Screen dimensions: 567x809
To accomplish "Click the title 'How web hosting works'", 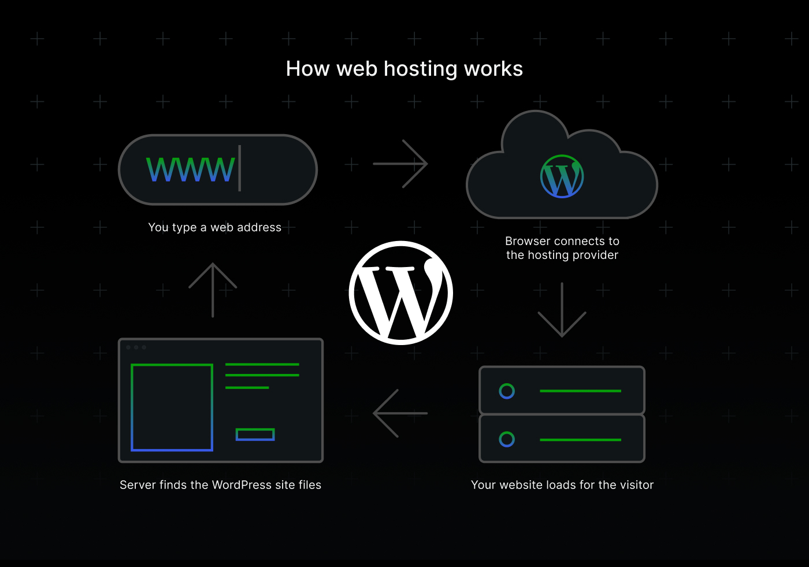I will (404, 69).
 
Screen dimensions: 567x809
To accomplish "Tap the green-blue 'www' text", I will (191, 169).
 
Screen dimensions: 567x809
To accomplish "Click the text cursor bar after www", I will (239, 168).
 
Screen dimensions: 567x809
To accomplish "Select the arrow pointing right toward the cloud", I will (400, 164).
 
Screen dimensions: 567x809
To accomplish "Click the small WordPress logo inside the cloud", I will (562, 176).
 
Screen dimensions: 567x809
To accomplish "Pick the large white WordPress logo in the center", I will (401, 293).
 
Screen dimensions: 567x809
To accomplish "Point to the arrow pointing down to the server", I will (562, 310).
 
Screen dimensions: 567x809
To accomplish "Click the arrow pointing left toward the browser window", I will (400, 413).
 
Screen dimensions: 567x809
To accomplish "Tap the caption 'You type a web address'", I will (214, 227).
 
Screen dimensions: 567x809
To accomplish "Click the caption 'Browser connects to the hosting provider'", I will (562, 248).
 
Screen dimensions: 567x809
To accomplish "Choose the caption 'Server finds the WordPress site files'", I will (220, 485).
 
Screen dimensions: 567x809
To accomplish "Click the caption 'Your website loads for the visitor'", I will (562, 485).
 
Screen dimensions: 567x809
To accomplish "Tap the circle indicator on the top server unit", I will (507, 391).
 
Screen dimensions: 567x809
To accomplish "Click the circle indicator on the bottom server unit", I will (507, 439).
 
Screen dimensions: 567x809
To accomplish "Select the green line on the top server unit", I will (580, 391).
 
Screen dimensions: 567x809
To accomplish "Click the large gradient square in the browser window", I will (172, 407).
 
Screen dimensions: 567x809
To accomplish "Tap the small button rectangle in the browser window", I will (255, 435).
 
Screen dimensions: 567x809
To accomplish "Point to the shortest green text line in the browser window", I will (247, 387).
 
